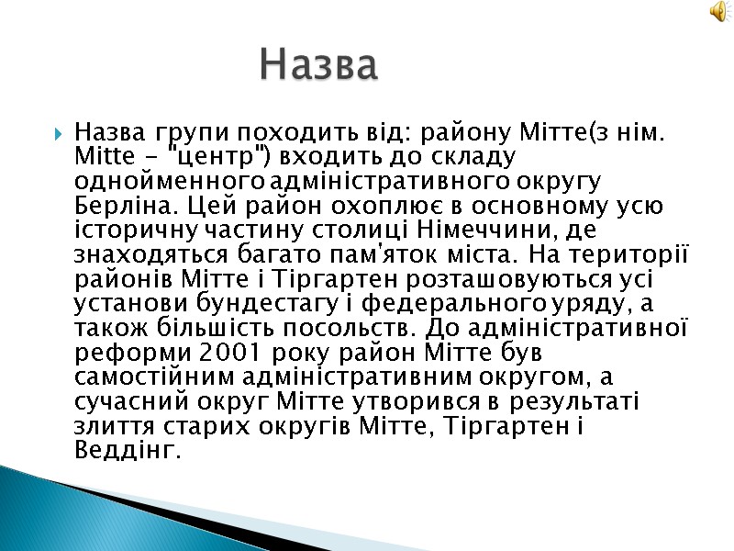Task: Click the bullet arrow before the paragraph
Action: (57, 132)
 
